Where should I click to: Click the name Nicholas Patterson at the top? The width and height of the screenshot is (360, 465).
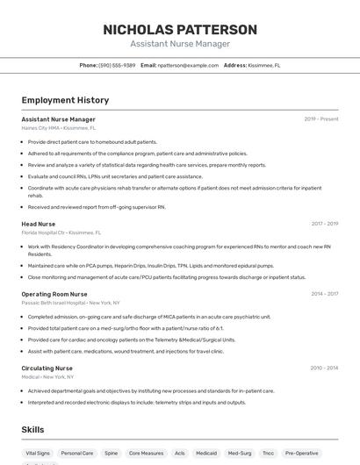point(180,29)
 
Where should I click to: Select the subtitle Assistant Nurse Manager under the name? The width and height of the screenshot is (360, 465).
point(180,44)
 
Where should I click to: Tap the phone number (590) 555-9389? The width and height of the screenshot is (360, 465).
point(117,65)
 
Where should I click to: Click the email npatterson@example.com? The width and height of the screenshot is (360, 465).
point(188,65)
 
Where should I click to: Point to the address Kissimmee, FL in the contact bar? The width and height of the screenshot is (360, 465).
point(264,65)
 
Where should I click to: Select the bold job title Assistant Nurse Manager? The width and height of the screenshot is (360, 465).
point(58,119)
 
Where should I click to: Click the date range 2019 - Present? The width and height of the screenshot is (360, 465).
point(321,119)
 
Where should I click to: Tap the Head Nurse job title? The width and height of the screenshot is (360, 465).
point(38,225)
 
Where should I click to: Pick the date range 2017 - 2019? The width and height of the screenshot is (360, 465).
point(324,225)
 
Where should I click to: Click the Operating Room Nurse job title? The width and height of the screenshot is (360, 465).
point(54,294)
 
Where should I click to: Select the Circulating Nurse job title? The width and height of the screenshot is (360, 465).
point(47,368)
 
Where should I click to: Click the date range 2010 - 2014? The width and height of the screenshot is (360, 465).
point(324,368)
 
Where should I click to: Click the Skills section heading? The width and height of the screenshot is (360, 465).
point(33,429)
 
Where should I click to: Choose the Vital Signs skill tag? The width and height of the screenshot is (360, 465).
point(38,454)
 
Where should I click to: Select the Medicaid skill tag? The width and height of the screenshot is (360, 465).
point(206,454)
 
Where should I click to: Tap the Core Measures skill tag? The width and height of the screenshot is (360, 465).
point(146,454)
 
